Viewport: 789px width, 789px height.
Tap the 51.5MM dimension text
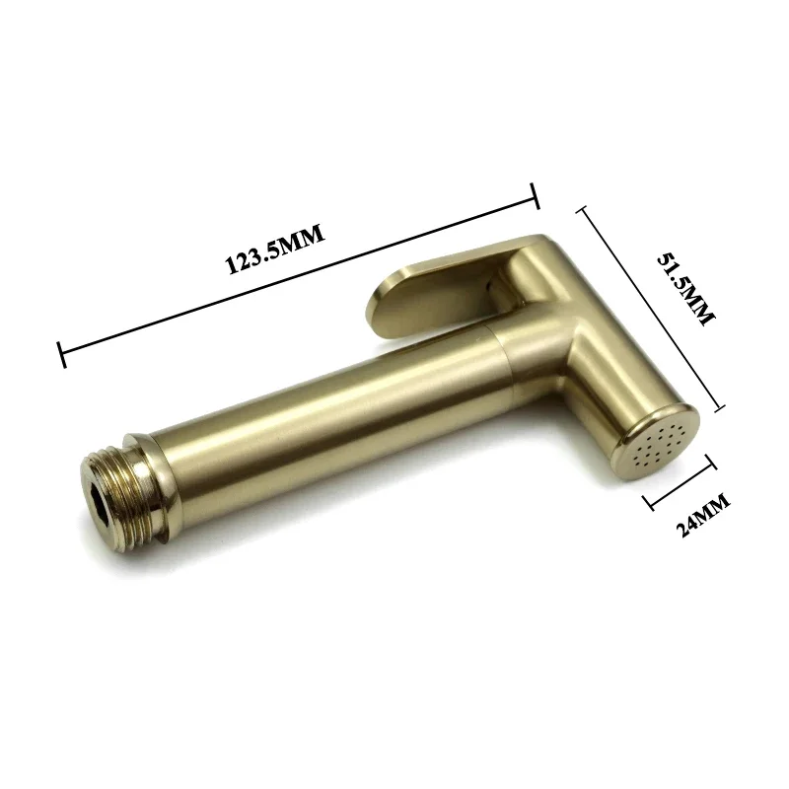pos(685,290)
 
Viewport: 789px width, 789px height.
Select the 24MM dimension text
pos(702,515)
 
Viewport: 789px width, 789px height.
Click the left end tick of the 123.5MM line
pos(61,355)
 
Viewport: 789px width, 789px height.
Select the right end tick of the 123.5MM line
pos(535,196)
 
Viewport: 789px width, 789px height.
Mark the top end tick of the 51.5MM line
pos(583,209)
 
